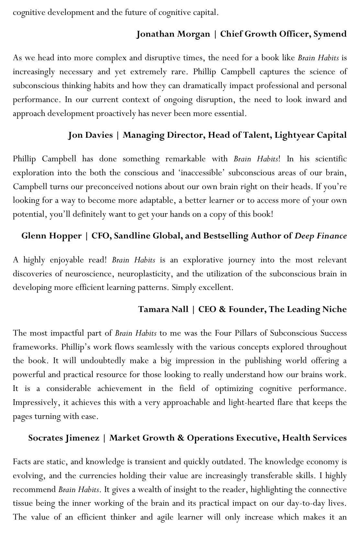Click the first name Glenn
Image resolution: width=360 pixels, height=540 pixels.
pyautogui.click(x=34, y=236)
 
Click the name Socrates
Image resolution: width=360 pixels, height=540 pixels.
pyautogui.click(x=45, y=438)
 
